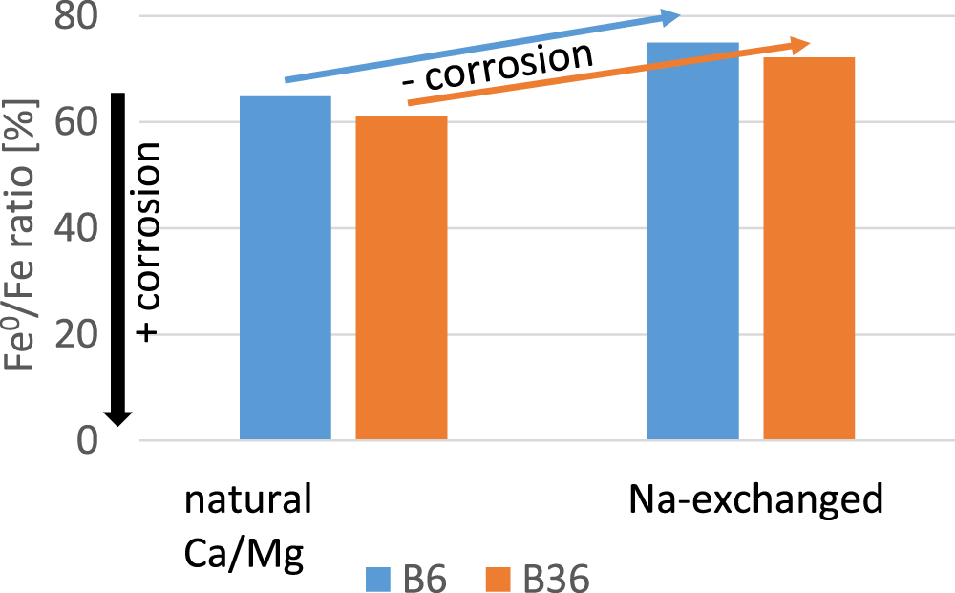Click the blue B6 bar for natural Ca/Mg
pyautogui.click(x=285, y=268)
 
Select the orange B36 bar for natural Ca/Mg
pyautogui.click(x=401, y=278)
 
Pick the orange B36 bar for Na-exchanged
pyautogui.click(x=808, y=248)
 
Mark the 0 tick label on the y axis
pyautogui.click(x=88, y=440)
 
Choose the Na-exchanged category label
pyautogui.click(x=756, y=499)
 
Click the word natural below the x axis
pyautogui.click(x=248, y=499)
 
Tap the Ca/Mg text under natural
pyautogui.click(x=244, y=554)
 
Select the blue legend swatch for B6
pyautogui.click(x=378, y=579)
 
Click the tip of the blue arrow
pyautogui.click(x=677, y=14)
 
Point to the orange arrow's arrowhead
pyautogui.click(x=805, y=43)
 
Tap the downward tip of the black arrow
pyautogui.click(x=117, y=424)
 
